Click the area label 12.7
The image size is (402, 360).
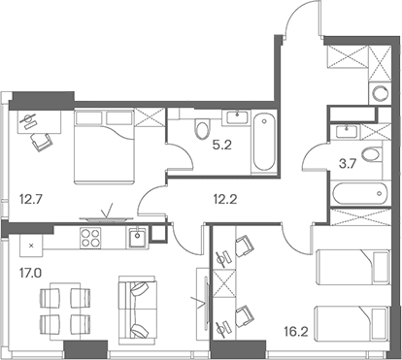coord(31,199)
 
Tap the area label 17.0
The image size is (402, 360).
coord(30,274)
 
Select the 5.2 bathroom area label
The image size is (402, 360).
coord(222,146)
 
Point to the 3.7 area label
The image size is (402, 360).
coord(348,164)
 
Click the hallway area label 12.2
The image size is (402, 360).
coord(225,199)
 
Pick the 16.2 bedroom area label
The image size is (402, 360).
coord(295,331)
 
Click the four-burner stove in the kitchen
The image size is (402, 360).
coord(90,238)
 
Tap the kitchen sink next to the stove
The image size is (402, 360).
coord(138,238)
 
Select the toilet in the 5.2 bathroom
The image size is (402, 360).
coord(203,129)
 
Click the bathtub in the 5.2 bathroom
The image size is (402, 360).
coord(264,142)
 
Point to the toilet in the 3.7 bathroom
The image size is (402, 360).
coord(372,154)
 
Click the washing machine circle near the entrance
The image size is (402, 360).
coord(380,94)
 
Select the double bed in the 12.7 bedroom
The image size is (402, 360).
coord(104,147)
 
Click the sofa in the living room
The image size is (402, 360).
coord(138,310)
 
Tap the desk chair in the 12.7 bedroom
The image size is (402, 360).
coord(41,142)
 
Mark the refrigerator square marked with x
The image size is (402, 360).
coord(31,245)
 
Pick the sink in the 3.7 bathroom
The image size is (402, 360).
coord(347,131)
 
